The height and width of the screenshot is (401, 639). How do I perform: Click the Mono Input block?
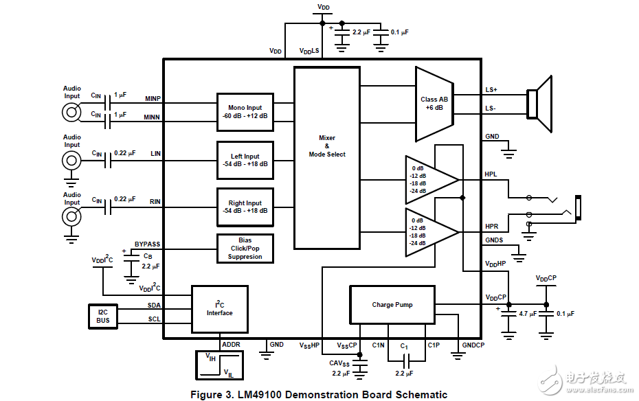tap(245, 112)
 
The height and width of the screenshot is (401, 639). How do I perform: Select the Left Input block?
tap(245, 160)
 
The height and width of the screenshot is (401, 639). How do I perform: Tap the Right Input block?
tap(245, 207)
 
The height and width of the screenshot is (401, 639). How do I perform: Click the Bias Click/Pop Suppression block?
tap(245, 249)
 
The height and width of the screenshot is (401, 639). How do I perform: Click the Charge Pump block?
tap(392, 305)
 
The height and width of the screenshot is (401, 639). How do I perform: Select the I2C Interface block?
tap(220, 308)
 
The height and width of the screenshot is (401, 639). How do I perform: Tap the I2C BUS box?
tap(103, 316)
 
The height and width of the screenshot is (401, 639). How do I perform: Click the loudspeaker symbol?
tap(539, 104)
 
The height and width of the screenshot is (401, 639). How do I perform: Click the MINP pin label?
tap(153, 98)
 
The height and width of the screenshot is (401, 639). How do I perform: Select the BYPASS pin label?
tap(147, 244)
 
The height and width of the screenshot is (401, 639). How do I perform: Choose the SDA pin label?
tap(154, 305)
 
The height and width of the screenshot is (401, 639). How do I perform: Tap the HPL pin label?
tap(491, 174)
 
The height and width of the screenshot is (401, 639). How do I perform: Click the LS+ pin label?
tap(491, 90)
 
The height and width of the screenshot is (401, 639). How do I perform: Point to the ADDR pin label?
tap(231, 344)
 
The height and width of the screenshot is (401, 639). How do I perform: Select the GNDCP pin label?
tap(473, 344)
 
